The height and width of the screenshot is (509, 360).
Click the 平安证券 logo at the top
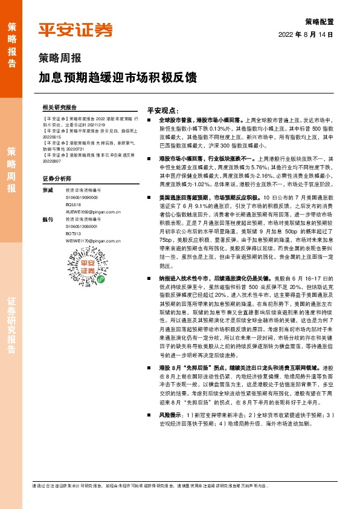(76, 30)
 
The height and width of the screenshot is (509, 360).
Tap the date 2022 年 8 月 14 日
(306, 35)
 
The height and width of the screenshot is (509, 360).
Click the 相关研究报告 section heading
(60, 106)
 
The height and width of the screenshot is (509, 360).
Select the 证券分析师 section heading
(57, 179)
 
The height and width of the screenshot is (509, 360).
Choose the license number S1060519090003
(82, 197)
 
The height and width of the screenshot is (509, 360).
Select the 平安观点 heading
(163, 111)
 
